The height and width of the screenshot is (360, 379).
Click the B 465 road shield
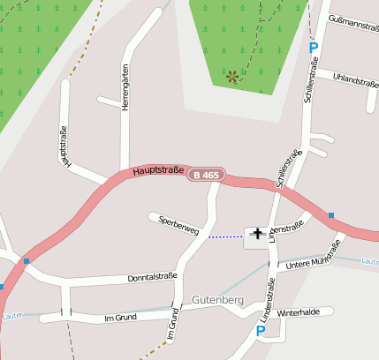click(206, 176)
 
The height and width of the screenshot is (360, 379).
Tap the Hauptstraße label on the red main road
click(160, 170)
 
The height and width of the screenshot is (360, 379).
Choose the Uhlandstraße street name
click(355, 80)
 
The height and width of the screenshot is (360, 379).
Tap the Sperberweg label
click(178, 225)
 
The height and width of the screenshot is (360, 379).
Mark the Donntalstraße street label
click(134, 277)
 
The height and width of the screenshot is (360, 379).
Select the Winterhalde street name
click(297, 312)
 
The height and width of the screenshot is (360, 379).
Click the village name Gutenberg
click(217, 301)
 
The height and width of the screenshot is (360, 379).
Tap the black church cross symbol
click(257, 233)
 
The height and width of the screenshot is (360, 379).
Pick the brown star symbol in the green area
click(232, 77)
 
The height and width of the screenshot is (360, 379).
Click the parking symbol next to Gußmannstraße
click(312, 48)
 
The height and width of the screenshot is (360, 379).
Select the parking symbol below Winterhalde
click(260, 331)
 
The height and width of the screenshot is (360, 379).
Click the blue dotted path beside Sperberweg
click(223, 236)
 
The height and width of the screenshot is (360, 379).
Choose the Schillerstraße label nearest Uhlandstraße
click(309, 81)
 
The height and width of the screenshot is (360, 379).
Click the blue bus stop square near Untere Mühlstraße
click(330, 215)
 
